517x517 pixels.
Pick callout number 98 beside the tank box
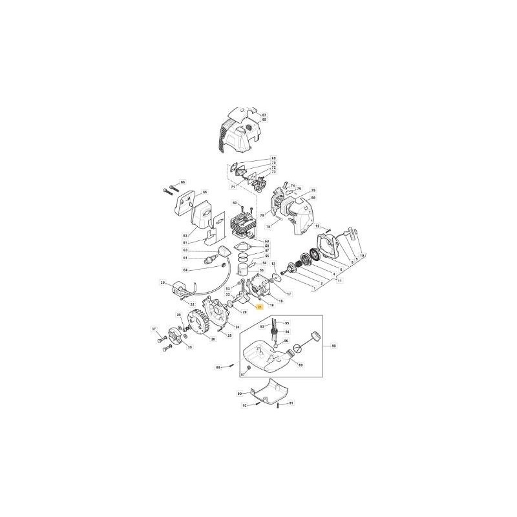tap(333, 346)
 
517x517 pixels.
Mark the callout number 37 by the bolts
tap(154, 329)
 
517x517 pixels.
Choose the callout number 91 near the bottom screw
tap(291, 403)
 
